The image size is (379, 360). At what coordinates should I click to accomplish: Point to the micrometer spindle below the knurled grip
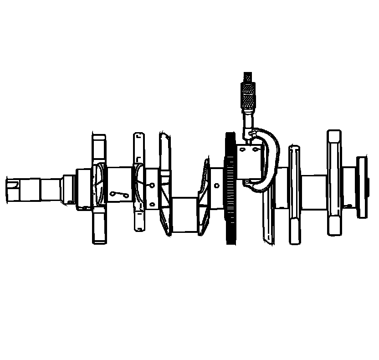248,121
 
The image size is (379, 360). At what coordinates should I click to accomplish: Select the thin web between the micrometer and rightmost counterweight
294,194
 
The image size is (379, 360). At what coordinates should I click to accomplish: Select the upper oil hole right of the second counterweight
151,184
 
